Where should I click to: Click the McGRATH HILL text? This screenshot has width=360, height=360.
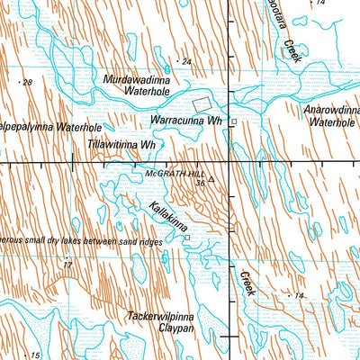click(173, 171)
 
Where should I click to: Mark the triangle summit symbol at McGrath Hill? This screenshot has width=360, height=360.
click(211, 179)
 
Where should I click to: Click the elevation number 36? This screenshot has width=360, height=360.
click(199, 182)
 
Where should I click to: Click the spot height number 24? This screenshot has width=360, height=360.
click(186, 61)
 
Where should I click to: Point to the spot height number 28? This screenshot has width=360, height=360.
click(27, 83)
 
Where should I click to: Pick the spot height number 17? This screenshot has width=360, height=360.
click(67, 265)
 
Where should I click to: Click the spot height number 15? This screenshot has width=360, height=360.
click(34, 356)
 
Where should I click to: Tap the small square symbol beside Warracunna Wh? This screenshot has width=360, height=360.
click(233, 121)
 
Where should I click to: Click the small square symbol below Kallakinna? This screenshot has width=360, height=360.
click(187, 238)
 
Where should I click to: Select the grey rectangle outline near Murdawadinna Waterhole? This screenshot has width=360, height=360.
click(206, 103)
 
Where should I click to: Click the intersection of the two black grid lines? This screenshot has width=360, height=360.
click(229, 163)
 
